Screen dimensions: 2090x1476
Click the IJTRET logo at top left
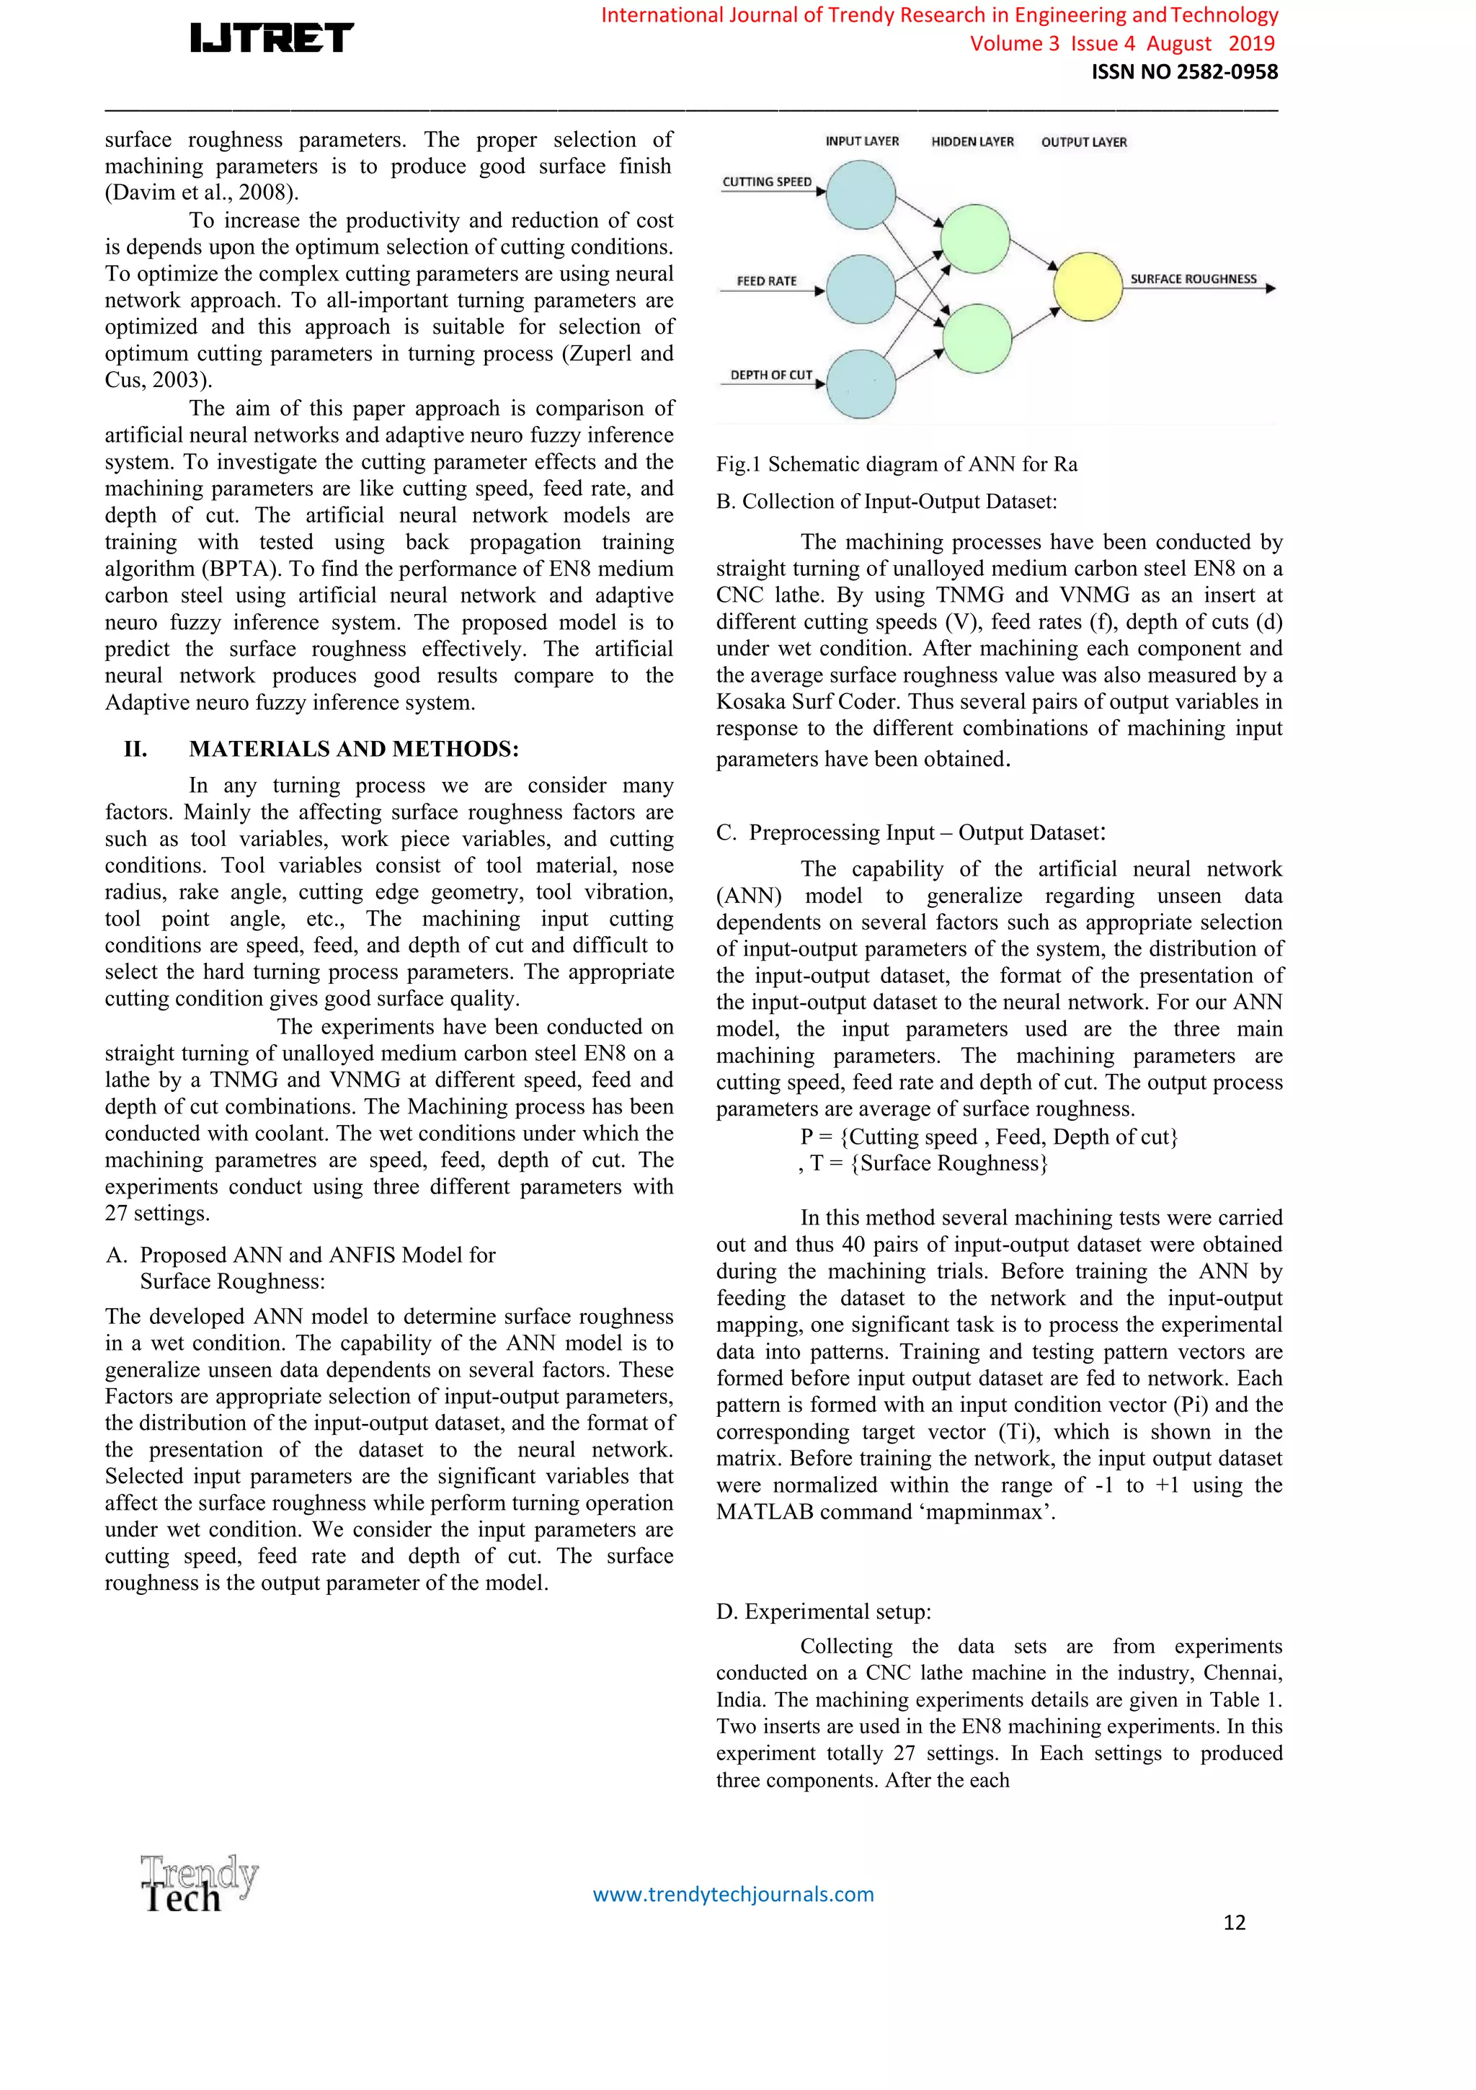tap(271, 38)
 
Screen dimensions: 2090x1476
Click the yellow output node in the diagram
tap(1088, 287)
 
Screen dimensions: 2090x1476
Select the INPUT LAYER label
tap(861, 141)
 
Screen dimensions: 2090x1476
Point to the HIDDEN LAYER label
tap(972, 142)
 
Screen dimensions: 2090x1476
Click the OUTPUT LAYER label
tap(1083, 142)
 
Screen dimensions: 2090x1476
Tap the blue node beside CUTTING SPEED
tap(861, 195)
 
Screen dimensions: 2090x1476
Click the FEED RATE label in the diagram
tap(767, 281)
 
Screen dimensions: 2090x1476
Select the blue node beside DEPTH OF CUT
tap(861, 384)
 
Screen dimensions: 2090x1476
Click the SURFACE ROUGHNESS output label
tap(1193, 280)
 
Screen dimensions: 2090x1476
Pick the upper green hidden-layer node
tap(974, 239)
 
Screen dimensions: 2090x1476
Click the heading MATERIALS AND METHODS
tap(353, 750)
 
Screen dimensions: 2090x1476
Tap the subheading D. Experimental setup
tap(823, 1611)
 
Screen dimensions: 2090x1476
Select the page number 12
tap(1234, 1921)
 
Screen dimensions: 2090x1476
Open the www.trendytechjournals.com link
tap(733, 1894)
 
